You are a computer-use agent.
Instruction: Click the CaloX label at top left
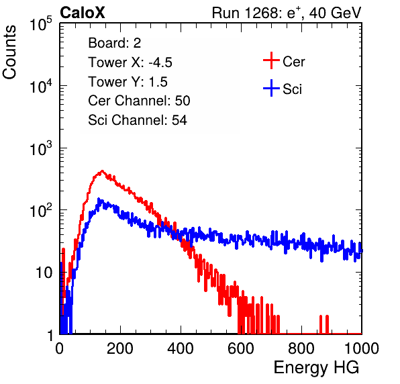coord(83,13)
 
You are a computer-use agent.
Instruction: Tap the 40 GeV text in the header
coord(335,13)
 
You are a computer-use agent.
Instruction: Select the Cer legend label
coord(293,62)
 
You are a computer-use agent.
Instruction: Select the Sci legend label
coord(292,89)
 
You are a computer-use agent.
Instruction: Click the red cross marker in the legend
coord(271,60)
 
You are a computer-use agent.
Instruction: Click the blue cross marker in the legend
coord(271,88)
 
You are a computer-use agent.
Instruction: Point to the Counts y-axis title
coord(9,52)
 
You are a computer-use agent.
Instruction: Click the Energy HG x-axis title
coord(316,367)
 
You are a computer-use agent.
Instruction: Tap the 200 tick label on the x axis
coord(120,348)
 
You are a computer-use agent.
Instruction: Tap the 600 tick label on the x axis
coord(241,348)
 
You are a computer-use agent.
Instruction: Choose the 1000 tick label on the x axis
coord(362,348)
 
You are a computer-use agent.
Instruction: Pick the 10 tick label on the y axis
coord(44,273)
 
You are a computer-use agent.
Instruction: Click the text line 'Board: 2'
coord(114,43)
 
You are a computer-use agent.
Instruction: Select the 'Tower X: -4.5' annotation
coord(130,62)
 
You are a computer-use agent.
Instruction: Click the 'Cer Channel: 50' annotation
coord(139,101)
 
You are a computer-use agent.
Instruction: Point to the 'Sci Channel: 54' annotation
coord(138,120)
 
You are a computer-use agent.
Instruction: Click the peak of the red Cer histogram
coord(102,171)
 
